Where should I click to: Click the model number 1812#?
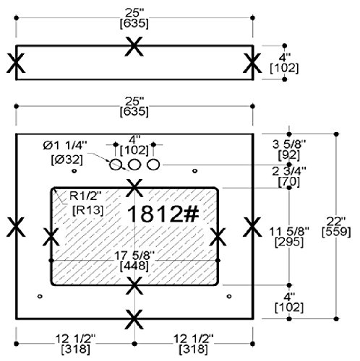(163, 214)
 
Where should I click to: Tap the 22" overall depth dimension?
(336, 221)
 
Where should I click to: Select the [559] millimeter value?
(336, 232)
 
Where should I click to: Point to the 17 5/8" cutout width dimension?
(134, 256)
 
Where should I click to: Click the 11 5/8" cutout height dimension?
(289, 232)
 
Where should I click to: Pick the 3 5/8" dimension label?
(289, 144)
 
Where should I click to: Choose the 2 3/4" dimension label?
(289, 171)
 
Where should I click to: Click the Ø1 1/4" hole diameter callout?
(65, 146)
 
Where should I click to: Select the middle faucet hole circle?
(134, 165)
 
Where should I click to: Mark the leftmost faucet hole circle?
(116, 165)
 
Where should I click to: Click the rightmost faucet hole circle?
(153, 165)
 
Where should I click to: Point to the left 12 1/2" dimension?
(76, 339)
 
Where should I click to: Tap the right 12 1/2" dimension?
(194, 339)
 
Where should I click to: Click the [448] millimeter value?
(134, 266)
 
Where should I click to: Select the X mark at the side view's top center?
(134, 46)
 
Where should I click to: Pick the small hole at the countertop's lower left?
(40, 296)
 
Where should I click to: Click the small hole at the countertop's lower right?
(229, 296)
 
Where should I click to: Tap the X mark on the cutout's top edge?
(134, 188)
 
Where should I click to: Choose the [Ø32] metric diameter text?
(67, 160)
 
